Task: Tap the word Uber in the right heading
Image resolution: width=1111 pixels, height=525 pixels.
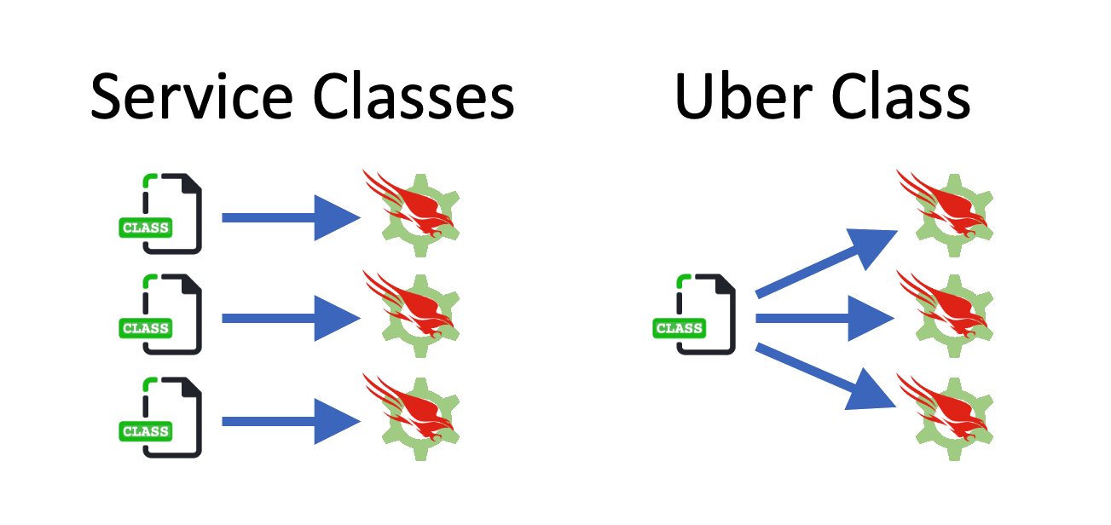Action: pos(739,95)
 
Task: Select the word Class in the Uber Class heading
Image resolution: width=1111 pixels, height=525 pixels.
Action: pos(901,95)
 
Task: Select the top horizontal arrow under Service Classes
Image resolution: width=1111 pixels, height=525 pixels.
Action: pos(290,218)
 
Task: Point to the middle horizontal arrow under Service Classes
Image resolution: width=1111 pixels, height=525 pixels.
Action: pos(290,319)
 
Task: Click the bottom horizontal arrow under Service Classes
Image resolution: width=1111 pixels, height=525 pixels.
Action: pos(290,421)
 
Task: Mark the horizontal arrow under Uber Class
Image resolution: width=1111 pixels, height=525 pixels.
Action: pos(824,319)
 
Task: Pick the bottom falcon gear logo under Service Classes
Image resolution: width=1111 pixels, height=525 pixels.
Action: pos(413,415)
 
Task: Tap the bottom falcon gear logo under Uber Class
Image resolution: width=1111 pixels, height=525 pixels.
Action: pos(946,415)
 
